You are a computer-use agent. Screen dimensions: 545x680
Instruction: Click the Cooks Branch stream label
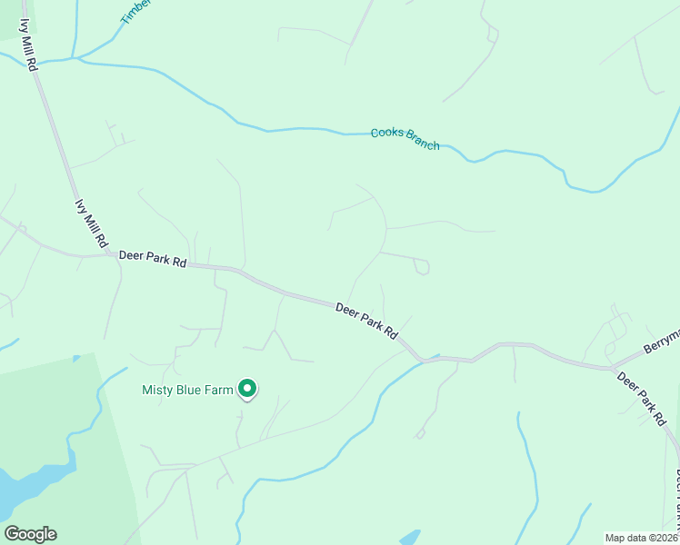[405, 139]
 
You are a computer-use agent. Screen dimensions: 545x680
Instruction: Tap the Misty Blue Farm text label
[187, 391]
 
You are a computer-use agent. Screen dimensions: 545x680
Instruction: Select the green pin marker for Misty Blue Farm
[247, 390]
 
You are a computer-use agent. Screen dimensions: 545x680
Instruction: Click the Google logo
[30, 534]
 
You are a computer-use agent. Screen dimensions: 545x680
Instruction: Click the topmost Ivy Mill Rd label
[30, 45]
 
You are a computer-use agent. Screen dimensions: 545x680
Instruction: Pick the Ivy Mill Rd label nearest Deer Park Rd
[91, 224]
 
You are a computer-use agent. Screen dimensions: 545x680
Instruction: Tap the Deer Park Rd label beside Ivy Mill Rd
[152, 261]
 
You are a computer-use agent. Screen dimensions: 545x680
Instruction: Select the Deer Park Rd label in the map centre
[367, 321]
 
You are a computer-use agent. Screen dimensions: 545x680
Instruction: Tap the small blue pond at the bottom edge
[410, 537]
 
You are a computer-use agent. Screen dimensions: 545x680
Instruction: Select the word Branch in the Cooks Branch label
[423, 143]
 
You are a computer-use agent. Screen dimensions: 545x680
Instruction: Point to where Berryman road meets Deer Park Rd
[615, 367]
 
